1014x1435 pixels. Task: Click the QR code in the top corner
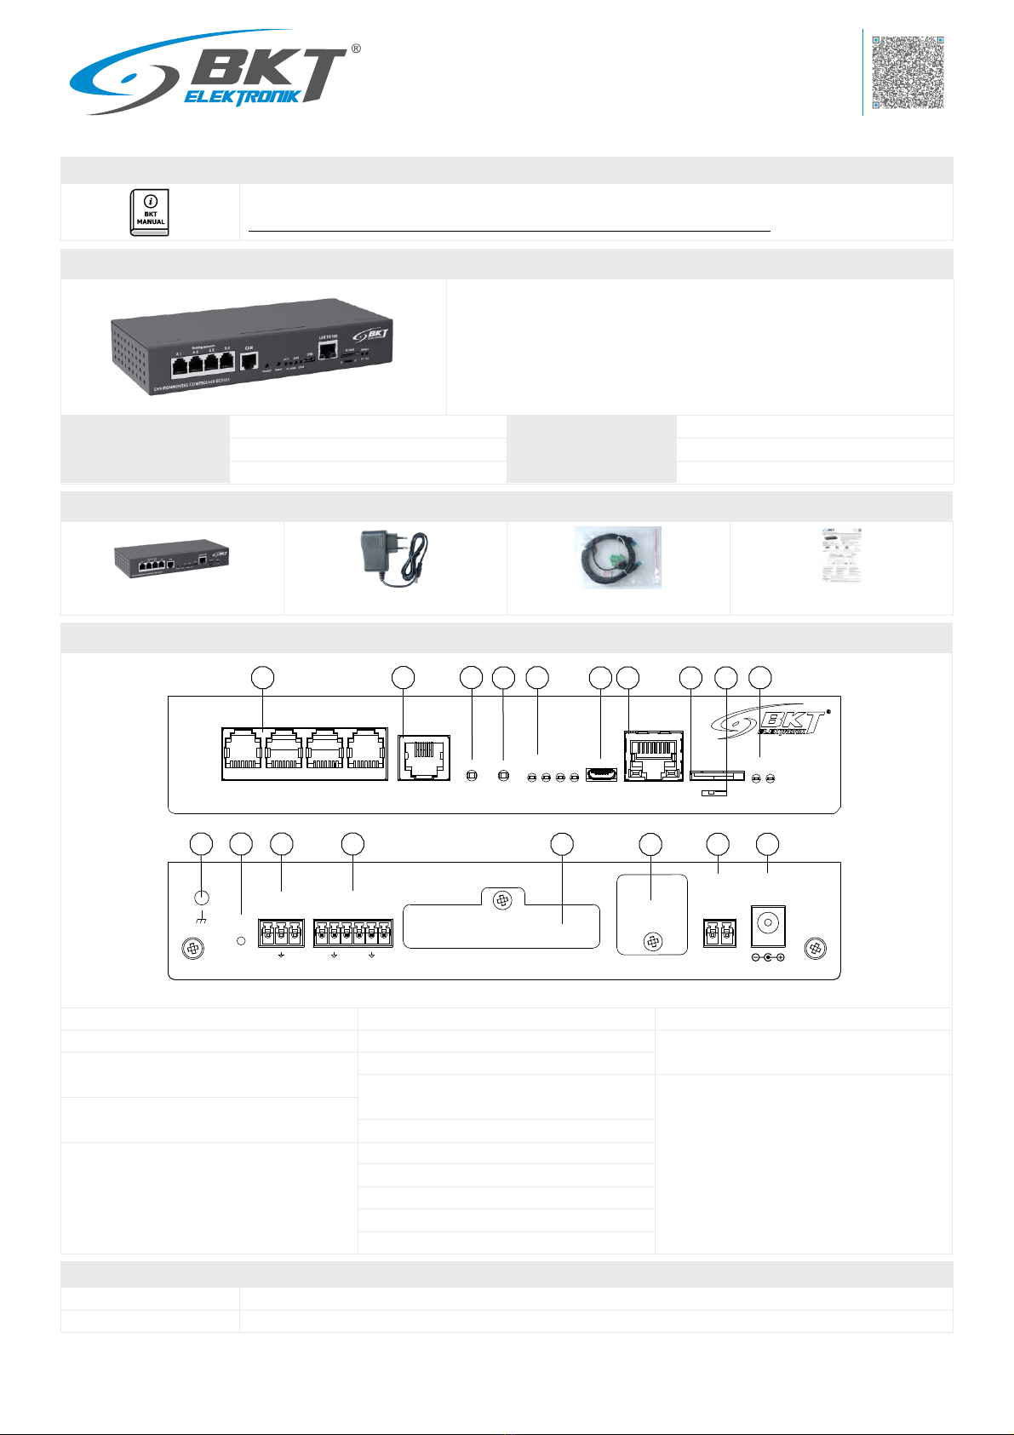pos(908,72)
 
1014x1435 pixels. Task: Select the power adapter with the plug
pos(393,558)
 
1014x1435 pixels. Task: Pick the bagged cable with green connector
pos(618,558)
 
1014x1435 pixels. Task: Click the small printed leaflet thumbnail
pos(840,557)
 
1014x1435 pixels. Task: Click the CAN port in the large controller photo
pos(249,361)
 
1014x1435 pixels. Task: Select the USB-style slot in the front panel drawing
pos(601,776)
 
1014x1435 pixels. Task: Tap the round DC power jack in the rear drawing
pos(767,923)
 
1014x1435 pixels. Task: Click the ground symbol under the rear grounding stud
pos(202,920)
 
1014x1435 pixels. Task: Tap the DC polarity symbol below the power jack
pos(768,958)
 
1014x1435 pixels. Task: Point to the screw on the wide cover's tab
pos(502,901)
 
